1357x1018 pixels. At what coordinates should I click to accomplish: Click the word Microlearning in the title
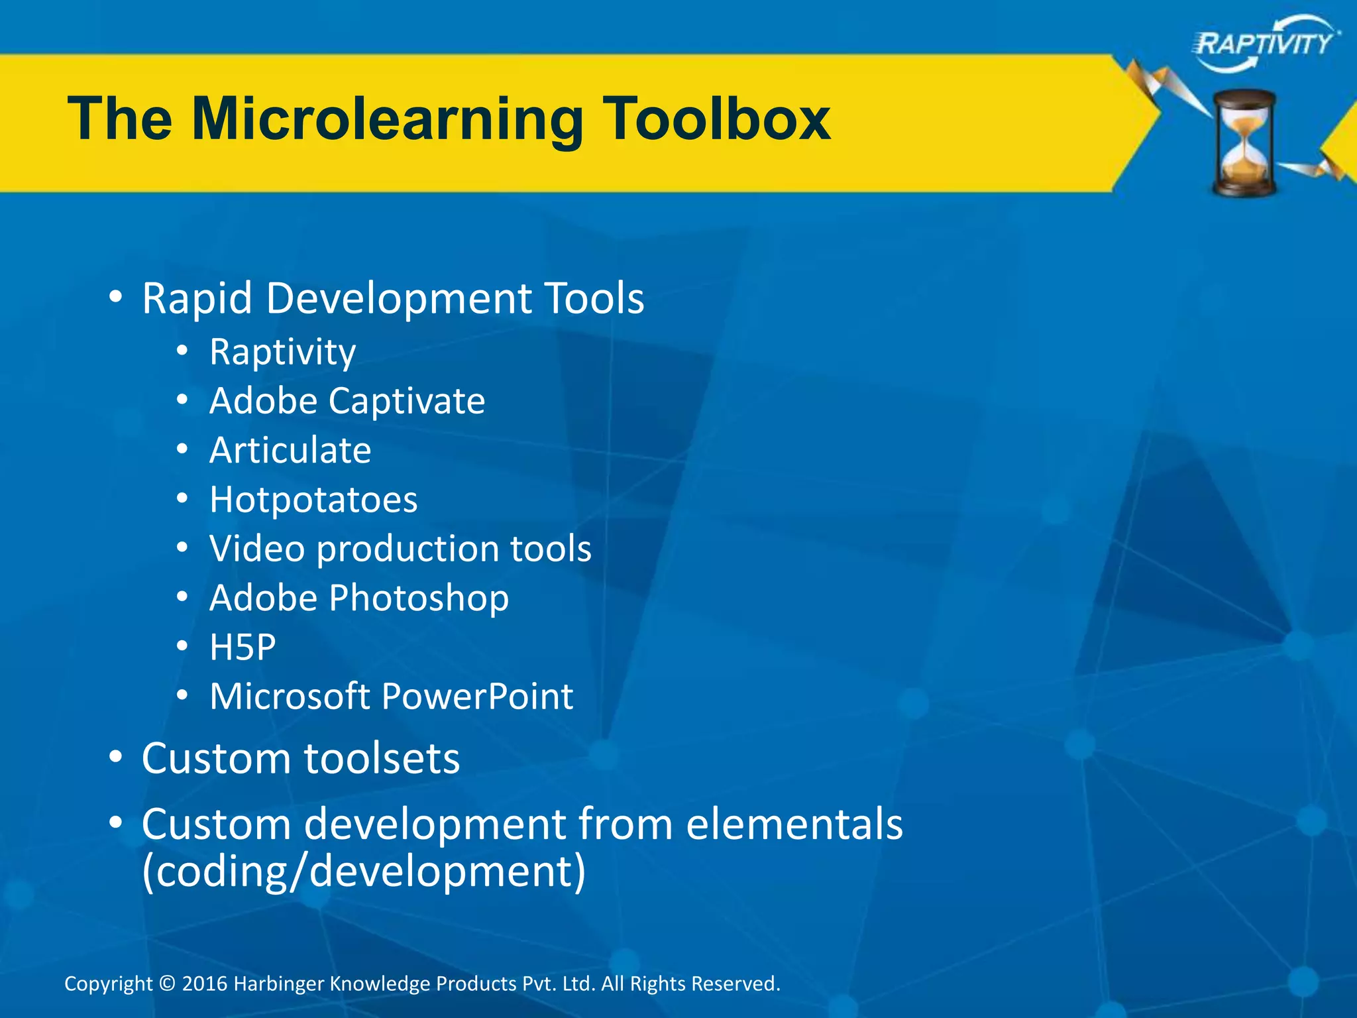pyautogui.click(x=388, y=119)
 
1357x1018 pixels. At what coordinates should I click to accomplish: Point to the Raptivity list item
pyautogui.click(x=282, y=352)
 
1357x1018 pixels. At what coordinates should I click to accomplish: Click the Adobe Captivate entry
pyautogui.click(x=347, y=401)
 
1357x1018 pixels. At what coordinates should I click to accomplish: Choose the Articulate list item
pyautogui.click(x=290, y=451)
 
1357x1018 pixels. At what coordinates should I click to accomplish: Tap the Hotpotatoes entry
pyautogui.click(x=313, y=500)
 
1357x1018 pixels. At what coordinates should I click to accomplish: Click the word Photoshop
pyautogui.click(x=419, y=598)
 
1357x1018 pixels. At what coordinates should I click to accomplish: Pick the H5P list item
pyautogui.click(x=243, y=648)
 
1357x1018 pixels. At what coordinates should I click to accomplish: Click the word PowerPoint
pyautogui.click(x=477, y=697)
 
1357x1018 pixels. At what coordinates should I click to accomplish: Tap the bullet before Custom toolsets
pyautogui.click(x=116, y=757)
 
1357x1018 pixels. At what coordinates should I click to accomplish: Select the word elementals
pyautogui.click(x=794, y=824)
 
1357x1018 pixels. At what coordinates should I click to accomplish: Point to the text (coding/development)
pyautogui.click(x=364, y=872)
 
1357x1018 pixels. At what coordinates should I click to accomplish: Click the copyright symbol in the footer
pyautogui.click(x=167, y=984)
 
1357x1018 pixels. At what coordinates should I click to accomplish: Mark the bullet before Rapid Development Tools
pyautogui.click(x=116, y=298)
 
